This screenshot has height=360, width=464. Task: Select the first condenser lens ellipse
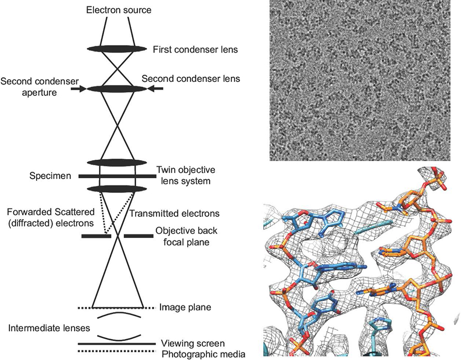[117, 48]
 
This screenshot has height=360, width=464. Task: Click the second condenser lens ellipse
[117, 89]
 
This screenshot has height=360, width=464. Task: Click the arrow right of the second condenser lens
[155, 89]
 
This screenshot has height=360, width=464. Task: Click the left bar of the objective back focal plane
[96, 236]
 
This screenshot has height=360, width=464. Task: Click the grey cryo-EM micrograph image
[359, 80]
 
